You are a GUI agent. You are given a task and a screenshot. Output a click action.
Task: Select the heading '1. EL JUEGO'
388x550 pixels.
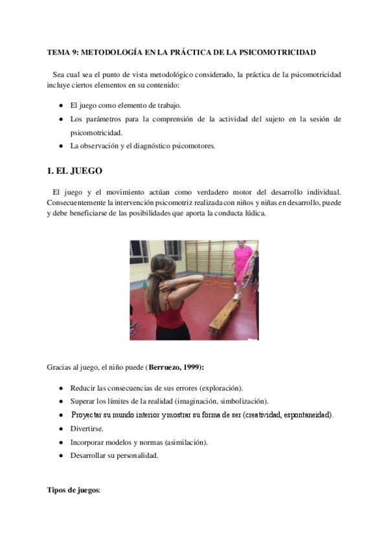74,171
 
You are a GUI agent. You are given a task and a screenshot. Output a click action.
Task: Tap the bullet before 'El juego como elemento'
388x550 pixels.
60,105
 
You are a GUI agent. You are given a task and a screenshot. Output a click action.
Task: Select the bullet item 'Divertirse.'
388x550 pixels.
86,429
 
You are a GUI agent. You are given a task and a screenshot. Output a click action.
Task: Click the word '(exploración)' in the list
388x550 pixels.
219,388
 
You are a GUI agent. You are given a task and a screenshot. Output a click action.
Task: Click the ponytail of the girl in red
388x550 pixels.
156,285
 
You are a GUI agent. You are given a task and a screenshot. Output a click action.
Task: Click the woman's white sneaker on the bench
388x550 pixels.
236,296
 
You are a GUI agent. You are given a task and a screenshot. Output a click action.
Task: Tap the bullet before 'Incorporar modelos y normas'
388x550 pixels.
60,442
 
